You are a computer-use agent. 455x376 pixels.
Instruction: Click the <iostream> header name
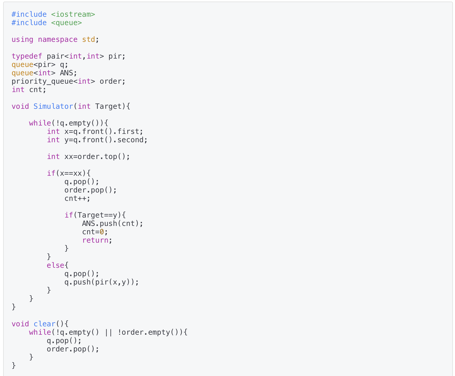73,14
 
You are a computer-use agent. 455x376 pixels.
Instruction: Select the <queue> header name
66,23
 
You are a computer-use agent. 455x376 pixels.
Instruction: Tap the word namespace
58,39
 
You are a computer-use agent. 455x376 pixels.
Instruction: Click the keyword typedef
27,56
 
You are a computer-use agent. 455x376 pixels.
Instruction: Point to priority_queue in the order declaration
42,81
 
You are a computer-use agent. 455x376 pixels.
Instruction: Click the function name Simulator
53,106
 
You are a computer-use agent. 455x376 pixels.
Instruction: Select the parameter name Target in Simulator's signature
108,106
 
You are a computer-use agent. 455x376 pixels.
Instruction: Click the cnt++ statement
77,198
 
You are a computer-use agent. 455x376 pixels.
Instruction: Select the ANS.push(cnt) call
112,224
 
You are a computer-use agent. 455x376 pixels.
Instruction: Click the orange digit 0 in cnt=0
102,232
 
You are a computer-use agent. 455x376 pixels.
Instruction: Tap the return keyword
95,240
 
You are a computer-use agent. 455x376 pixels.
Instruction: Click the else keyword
55,265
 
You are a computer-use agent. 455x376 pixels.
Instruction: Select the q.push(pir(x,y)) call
101,282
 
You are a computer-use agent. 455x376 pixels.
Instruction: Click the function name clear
44,324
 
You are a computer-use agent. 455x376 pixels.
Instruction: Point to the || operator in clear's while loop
108,332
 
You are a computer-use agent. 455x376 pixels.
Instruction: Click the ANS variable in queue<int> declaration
66,73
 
